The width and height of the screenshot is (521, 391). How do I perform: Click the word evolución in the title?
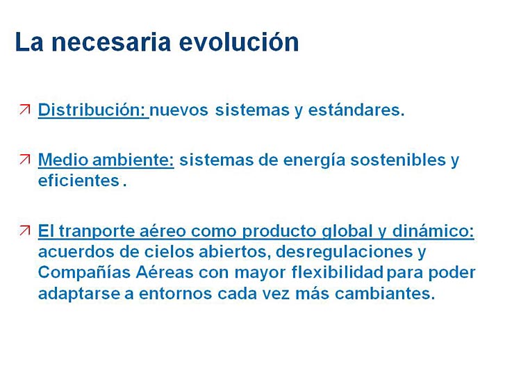[x=239, y=42]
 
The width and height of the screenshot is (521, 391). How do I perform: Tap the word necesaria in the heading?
[x=111, y=42]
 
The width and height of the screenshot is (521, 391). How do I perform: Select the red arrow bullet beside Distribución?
[x=25, y=110]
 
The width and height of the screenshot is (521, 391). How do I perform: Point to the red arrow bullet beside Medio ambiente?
[x=25, y=160]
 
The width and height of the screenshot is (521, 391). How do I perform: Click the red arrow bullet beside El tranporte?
[x=25, y=230]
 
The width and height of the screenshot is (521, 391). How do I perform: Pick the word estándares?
[x=356, y=110]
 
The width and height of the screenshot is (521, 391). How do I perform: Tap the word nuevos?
[x=179, y=110]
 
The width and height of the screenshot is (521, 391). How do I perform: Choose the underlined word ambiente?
[x=133, y=160]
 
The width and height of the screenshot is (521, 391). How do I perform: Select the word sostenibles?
[x=398, y=160]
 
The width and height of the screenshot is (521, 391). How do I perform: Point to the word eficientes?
[x=78, y=181]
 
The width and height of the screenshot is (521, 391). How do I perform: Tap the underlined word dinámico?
[x=433, y=231]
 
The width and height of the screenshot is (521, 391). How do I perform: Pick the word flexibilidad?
[x=337, y=272]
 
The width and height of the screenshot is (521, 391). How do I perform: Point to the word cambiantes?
[x=385, y=294]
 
